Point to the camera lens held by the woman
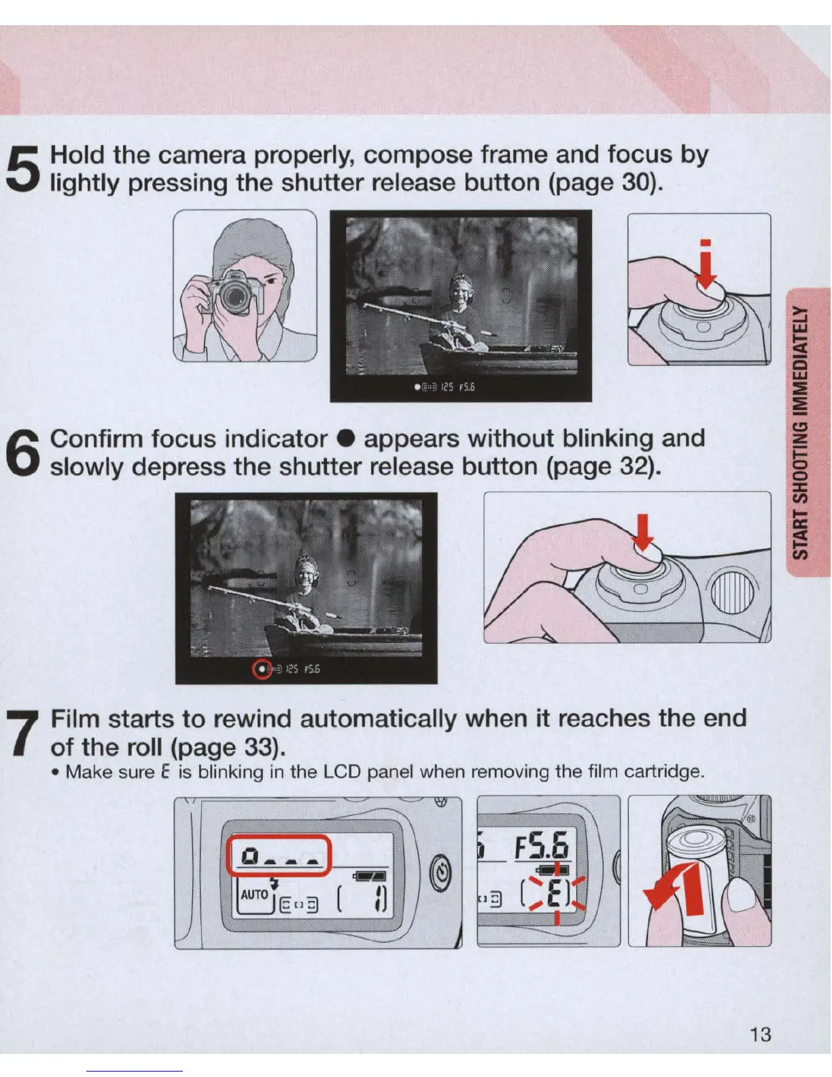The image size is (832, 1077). coord(235,295)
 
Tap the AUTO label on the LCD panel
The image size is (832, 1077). coord(255,895)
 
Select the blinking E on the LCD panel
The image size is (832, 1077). coord(555,895)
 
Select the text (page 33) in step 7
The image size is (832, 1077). coord(228,748)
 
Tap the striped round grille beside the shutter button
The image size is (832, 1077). coord(732,592)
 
